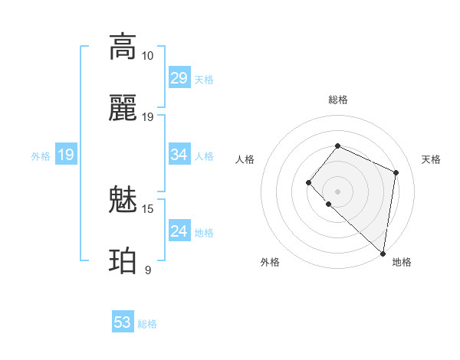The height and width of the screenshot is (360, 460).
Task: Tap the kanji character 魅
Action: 123,201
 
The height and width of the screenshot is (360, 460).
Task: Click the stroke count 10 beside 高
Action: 147,56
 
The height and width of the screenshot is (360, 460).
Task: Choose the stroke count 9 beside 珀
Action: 147,270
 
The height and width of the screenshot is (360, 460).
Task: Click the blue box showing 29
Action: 179,78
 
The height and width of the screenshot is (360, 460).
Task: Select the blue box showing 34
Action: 179,155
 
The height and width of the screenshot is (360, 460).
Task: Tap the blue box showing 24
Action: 179,231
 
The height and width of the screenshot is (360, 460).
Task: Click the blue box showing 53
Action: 123,322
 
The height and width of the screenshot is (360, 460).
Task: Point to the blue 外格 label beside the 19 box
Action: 41,156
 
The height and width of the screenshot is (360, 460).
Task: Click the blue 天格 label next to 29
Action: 204,80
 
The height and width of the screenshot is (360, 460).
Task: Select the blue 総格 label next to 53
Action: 147,324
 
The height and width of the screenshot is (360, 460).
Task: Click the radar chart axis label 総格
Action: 338,100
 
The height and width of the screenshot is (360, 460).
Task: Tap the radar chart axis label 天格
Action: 431,159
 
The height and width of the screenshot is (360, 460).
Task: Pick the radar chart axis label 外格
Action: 270,262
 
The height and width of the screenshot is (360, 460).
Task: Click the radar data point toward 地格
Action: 383,253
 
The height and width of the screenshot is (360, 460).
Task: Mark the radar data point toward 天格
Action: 396,172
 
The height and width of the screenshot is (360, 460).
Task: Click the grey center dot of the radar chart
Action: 337,191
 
